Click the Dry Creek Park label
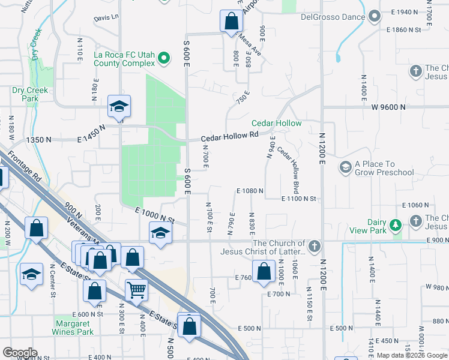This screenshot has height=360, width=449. pyautogui.click(x=25, y=94)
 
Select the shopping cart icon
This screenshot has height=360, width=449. pyautogui.click(x=136, y=289)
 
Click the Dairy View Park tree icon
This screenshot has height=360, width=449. pyautogui.click(x=395, y=225)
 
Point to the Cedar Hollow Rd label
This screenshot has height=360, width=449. pyautogui.click(x=229, y=137)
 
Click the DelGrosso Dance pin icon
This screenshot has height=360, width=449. pyautogui.click(x=375, y=17)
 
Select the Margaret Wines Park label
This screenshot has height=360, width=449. pyautogui.click(x=73, y=327)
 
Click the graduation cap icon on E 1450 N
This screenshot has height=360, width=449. pyautogui.click(x=119, y=106)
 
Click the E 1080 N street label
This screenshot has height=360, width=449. pyautogui.click(x=250, y=191)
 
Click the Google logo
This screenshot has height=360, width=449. pyautogui.click(x=19, y=353)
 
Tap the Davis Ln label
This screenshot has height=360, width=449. pyautogui.click(x=106, y=18)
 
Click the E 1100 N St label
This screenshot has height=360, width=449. pyautogui.click(x=299, y=198)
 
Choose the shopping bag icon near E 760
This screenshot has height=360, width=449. pyautogui.click(x=264, y=271)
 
